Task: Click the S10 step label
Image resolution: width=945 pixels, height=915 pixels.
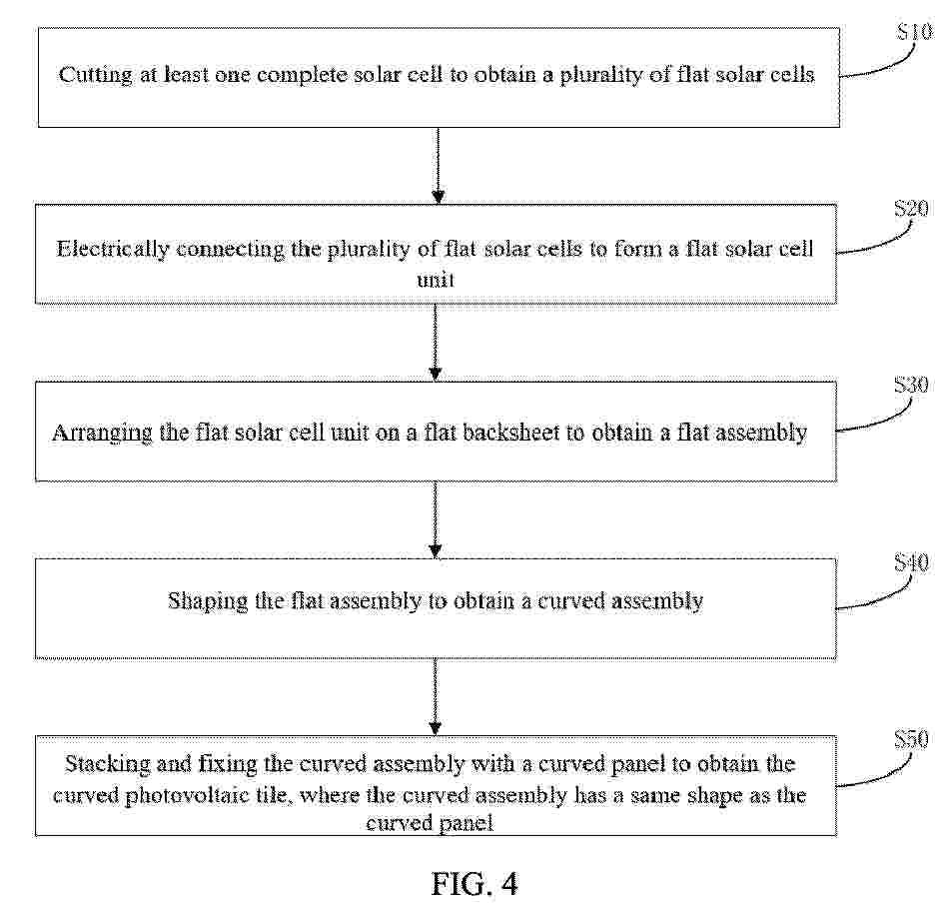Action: pos(914,31)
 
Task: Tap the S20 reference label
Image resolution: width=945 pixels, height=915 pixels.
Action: pos(911,209)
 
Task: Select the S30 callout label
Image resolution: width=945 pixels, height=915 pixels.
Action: pos(911,385)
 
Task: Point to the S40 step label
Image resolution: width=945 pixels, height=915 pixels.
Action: pos(911,562)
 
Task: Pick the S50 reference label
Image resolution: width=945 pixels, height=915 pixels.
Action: pos(911,739)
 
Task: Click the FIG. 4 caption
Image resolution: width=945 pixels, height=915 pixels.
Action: pos(474,885)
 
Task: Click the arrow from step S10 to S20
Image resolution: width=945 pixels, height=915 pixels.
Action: pos(439,166)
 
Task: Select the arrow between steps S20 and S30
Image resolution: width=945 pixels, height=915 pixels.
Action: pos(436,343)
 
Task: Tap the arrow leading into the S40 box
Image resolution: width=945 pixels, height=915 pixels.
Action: pos(436,519)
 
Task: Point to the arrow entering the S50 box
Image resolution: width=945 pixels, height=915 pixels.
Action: pos(436,697)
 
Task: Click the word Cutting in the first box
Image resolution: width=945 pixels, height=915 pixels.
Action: pos(95,76)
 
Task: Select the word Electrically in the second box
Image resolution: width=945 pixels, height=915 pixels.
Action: pos(112,250)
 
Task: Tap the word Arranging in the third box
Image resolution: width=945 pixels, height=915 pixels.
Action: pos(103,434)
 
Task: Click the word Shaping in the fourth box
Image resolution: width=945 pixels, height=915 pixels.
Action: pos(208,602)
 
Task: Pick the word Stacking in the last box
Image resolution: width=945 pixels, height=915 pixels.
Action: pos(108,765)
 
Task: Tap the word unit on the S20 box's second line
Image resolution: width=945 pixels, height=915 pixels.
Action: pos(436,280)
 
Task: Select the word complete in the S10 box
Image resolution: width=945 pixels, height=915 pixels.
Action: pos(302,76)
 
